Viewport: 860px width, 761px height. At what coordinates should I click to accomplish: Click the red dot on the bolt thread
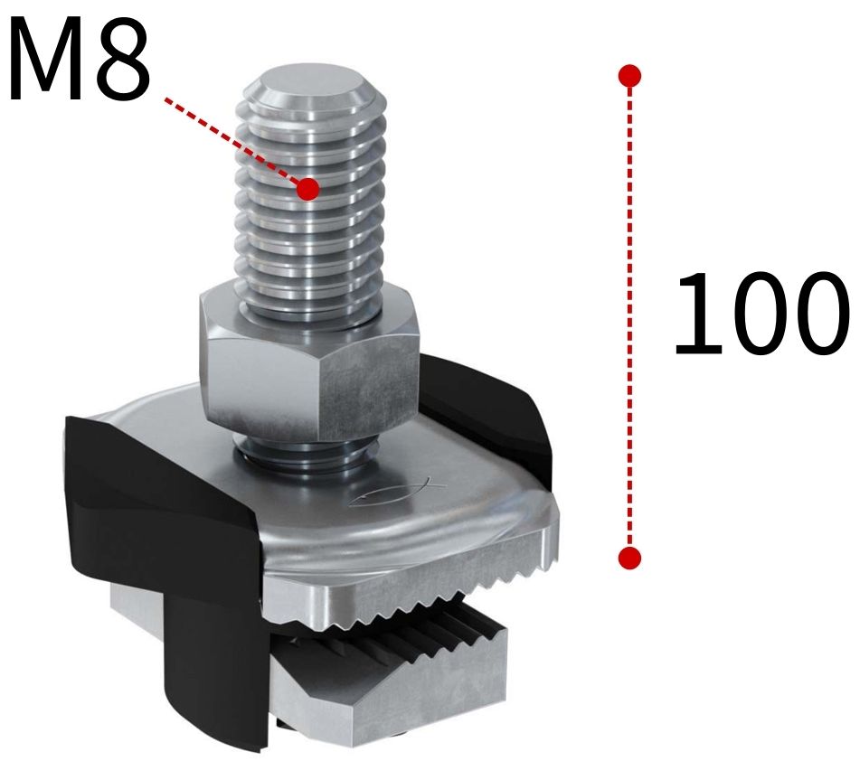point(308,188)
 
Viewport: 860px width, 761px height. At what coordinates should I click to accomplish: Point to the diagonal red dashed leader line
point(235,143)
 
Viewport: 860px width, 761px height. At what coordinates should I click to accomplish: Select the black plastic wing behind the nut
point(484,398)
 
